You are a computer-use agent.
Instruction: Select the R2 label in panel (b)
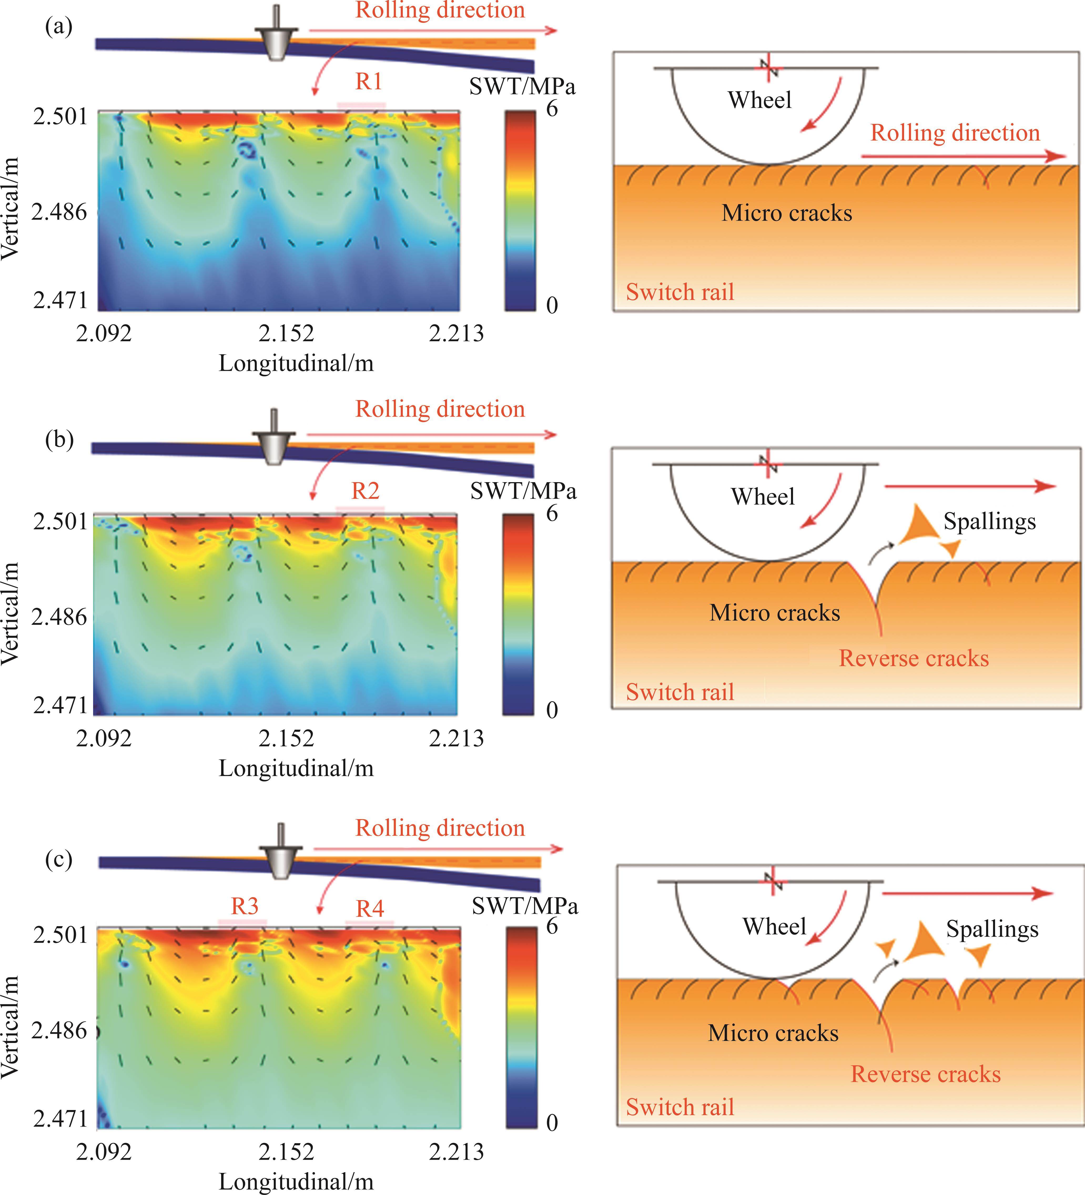click(365, 491)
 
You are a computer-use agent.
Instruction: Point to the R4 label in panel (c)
click(370, 908)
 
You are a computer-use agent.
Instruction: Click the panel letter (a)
click(59, 27)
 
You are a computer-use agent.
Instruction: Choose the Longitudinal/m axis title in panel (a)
click(296, 363)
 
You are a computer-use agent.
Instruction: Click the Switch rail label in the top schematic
click(680, 292)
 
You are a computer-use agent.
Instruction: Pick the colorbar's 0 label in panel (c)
click(552, 1122)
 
